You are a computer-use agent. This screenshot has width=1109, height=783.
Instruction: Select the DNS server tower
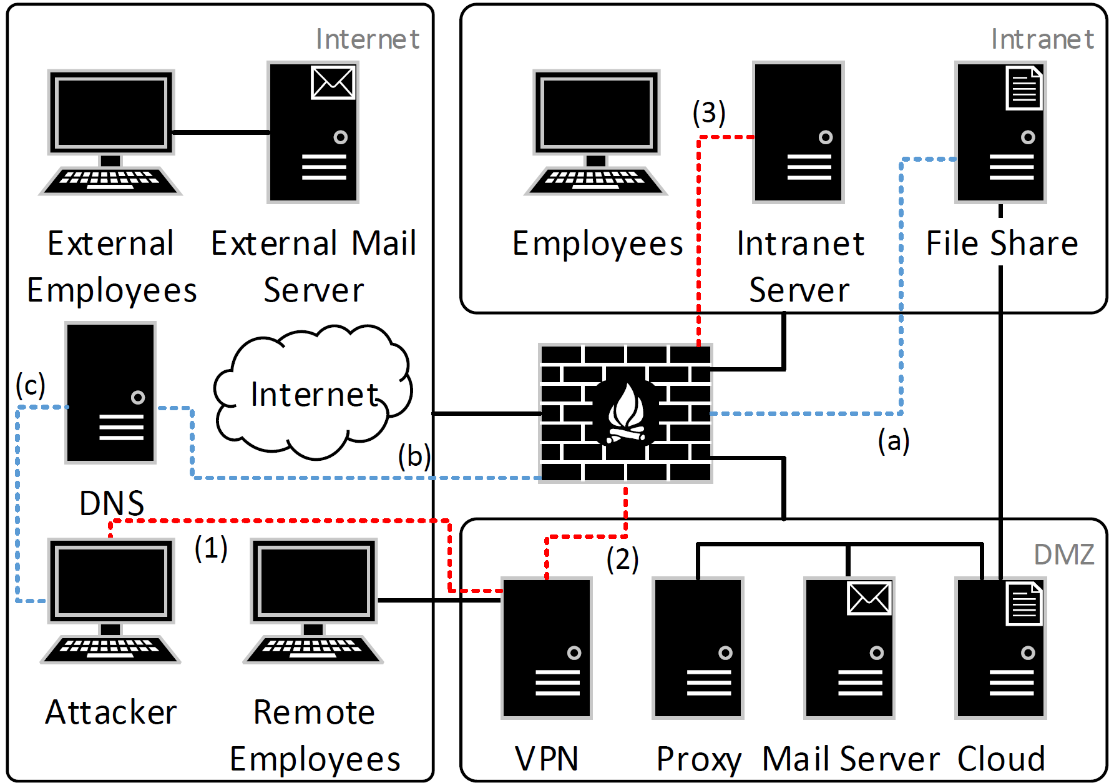(110, 392)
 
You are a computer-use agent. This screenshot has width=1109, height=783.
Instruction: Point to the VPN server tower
(547, 648)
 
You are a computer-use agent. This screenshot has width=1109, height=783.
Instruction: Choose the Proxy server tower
(698, 648)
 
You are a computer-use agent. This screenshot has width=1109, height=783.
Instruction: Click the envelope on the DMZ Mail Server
(869, 598)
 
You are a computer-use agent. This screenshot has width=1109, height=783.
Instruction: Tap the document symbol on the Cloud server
(1024, 604)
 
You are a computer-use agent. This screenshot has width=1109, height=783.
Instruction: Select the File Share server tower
(1000, 132)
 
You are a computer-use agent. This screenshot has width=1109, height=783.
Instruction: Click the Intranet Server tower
(798, 132)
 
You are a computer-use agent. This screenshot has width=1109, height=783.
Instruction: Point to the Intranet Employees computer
(596, 132)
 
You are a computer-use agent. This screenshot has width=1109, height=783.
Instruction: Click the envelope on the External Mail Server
(333, 82)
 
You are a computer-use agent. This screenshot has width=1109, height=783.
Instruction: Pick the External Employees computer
(110, 132)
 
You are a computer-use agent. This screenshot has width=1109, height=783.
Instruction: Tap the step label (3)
(709, 113)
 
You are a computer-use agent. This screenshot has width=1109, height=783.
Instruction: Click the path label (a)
(894, 441)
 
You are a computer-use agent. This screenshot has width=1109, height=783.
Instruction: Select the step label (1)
(211, 548)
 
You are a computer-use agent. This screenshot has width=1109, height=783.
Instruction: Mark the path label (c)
(31, 385)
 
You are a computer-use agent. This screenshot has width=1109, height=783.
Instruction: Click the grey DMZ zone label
(1064, 554)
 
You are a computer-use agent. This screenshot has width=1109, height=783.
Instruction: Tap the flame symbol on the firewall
(626, 412)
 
